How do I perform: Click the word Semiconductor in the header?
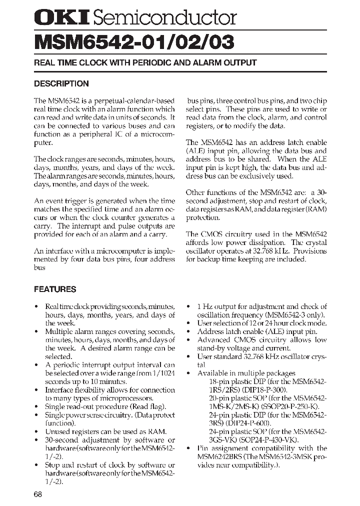point(164,18)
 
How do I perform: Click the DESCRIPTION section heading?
point(61,83)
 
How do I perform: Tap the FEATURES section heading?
point(55,289)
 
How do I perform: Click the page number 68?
point(38,494)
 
